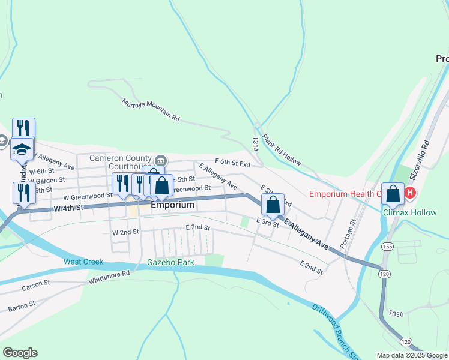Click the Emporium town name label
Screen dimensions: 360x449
tap(173, 205)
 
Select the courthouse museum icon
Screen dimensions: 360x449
tap(161, 160)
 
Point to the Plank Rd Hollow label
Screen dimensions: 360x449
tap(281, 149)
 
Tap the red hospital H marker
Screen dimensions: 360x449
tap(410, 193)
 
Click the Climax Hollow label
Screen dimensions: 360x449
tap(406, 211)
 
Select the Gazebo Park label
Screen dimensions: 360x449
tap(169, 262)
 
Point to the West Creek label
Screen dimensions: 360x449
tap(83, 262)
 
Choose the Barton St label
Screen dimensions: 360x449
tap(22, 307)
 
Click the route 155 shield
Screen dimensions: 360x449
tap(387, 247)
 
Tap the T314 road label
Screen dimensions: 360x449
tap(255, 143)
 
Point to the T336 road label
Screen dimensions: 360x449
tap(396, 314)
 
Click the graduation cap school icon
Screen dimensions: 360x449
tap(22, 149)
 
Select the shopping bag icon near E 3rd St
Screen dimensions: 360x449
tap(273, 204)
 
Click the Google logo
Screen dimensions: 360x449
tap(20, 353)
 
